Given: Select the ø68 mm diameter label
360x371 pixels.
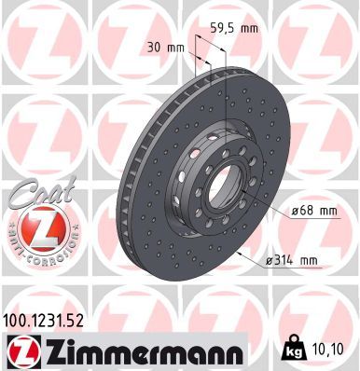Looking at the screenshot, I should point(314,211).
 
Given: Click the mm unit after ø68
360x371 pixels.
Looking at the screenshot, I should point(326,211).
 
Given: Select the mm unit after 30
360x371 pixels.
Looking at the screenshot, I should point(173,47).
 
